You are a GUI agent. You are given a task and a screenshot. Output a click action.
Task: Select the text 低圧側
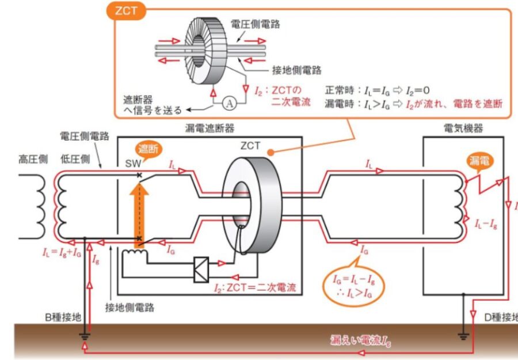click(x=75, y=158)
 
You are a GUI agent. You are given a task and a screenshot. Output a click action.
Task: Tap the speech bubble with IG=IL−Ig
click(x=355, y=285)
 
